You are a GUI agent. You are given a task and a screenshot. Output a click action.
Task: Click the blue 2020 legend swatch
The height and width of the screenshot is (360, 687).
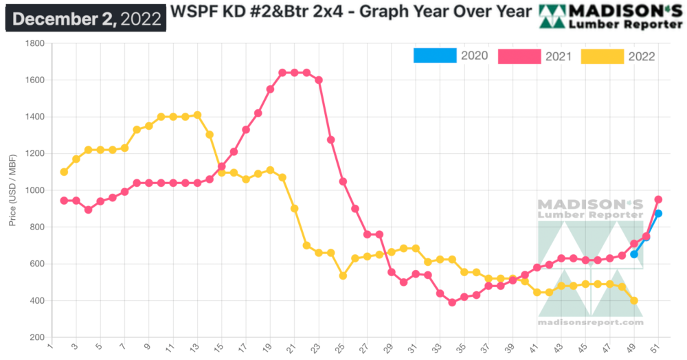(x=435, y=56)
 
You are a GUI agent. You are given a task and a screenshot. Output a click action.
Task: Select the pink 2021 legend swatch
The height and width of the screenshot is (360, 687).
(x=519, y=56)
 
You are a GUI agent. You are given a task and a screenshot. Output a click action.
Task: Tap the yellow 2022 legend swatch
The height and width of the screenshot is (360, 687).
(x=602, y=56)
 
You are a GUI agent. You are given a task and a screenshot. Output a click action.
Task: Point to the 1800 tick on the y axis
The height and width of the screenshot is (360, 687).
(x=34, y=44)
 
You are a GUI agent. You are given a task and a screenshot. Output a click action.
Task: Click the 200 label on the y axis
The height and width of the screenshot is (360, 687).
(x=36, y=337)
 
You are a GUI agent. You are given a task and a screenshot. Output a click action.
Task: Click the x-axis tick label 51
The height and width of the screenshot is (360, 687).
(x=656, y=347)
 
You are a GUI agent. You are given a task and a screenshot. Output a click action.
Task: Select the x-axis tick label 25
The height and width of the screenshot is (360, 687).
(x=341, y=347)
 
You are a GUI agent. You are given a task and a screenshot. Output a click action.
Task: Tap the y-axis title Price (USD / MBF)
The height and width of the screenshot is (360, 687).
(x=13, y=190)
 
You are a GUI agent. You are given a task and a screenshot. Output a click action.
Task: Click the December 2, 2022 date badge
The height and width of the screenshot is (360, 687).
(x=85, y=18)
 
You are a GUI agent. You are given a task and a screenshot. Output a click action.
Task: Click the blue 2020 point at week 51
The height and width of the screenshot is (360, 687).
(x=658, y=214)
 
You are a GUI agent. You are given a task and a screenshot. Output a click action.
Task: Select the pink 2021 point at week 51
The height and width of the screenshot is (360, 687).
(x=658, y=199)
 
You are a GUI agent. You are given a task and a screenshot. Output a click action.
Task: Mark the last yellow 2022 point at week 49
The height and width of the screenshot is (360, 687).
(x=634, y=300)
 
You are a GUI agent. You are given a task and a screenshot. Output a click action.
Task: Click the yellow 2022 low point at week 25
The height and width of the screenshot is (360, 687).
(x=343, y=275)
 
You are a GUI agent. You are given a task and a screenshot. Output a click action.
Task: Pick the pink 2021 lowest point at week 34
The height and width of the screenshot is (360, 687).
(x=452, y=302)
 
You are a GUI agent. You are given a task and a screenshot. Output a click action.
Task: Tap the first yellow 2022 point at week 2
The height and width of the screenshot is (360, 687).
(x=64, y=172)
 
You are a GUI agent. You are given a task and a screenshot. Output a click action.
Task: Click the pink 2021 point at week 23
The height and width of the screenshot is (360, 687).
(x=319, y=80)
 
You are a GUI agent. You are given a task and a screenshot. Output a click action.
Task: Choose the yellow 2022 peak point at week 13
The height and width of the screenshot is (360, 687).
(x=197, y=115)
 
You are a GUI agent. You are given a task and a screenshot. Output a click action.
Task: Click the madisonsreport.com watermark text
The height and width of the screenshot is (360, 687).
(x=590, y=322)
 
